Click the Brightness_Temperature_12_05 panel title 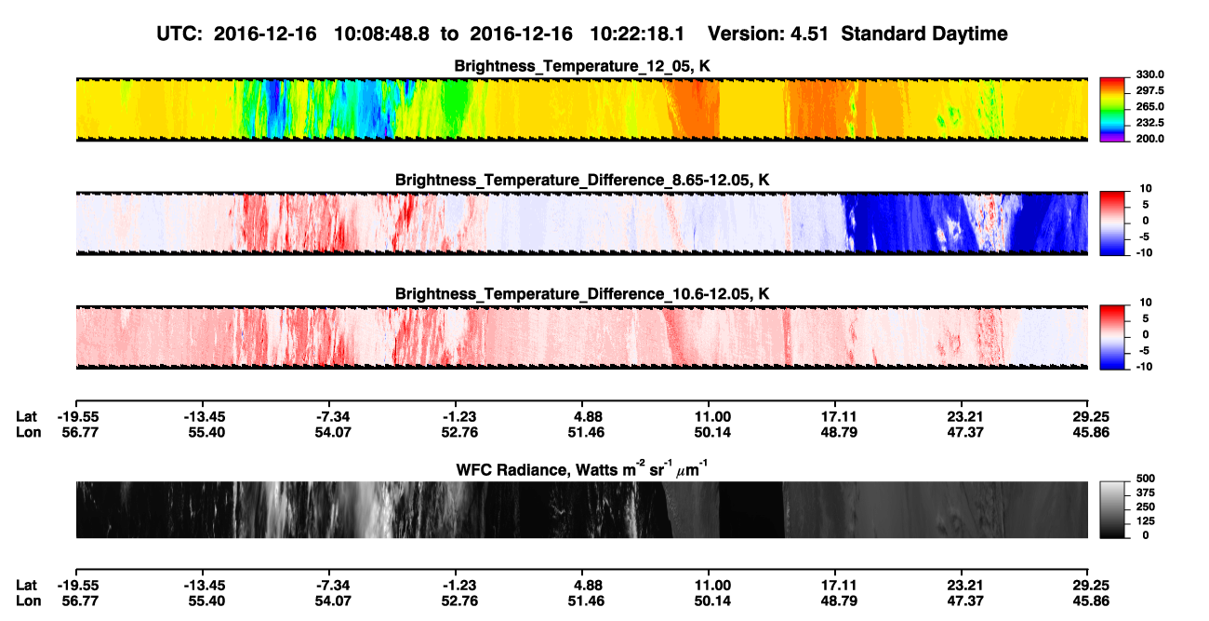click(582, 66)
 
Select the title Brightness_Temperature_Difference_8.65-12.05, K click(582, 180)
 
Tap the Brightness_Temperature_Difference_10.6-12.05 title click(582, 294)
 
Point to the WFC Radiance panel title click(582, 468)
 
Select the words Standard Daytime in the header click(924, 34)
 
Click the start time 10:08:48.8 click(381, 34)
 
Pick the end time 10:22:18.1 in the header click(637, 34)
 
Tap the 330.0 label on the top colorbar click(1149, 74)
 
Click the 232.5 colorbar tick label click(1149, 123)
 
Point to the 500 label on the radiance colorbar click(1146, 479)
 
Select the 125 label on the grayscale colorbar click(1146, 521)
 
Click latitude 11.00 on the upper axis click(712, 417)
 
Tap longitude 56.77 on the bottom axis click(80, 601)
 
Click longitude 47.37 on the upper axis click(965, 432)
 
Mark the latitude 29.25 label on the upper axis click(1091, 417)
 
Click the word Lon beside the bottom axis click(29, 601)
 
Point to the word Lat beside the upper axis click(26, 417)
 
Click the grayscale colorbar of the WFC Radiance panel click(1112, 509)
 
